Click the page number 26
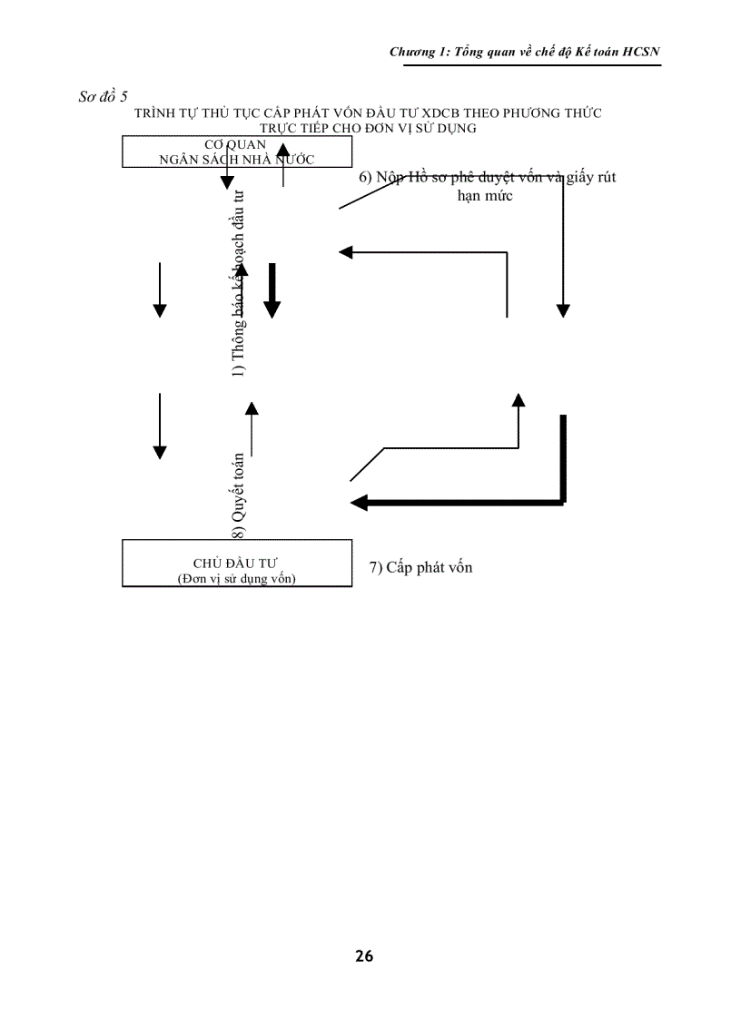click(364, 955)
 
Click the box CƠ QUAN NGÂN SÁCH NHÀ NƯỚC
click(236, 152)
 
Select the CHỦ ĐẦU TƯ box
click(236, 564)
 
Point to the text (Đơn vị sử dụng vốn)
click(236, 579)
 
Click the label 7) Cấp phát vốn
click(420, 568)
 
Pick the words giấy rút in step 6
click(590, 178)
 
